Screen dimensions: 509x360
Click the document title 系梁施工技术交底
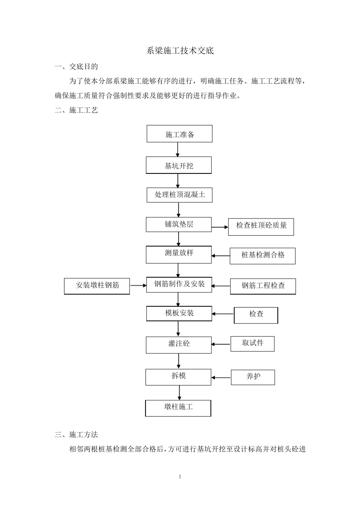(x=180, y=51)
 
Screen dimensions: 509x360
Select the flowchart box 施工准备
(x=180, y=134)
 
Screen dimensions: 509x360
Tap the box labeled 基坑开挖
(x=179, y=166)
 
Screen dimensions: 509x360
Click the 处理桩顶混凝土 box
(x=180, y=195)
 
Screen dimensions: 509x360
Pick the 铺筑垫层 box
(x=179, y=224)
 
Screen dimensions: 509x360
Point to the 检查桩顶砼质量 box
(x=261, y=226)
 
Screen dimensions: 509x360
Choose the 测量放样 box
(x=179, y=254)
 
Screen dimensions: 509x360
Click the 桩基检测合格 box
(x=263, y=256)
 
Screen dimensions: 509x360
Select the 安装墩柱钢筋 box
(x=97, y=286)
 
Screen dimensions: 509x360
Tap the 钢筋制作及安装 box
(x=179, y=284)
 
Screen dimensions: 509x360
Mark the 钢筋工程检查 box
(x=263, y=286)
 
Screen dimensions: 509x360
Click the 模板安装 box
(x=179, y=313)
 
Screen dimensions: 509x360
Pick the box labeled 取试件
(x=252, y=343)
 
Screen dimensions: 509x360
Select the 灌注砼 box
(x=179, y=344)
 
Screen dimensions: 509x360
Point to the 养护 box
(x=253, y=377)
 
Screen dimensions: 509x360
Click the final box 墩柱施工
(x=178, y=408)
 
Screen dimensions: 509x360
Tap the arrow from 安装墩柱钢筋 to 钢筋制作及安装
(x=138, y=286)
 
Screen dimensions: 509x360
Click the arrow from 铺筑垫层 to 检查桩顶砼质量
(x=220, y=227)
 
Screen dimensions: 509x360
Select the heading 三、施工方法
(x=77, y=435)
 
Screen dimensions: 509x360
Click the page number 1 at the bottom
(x=180, y=476)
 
